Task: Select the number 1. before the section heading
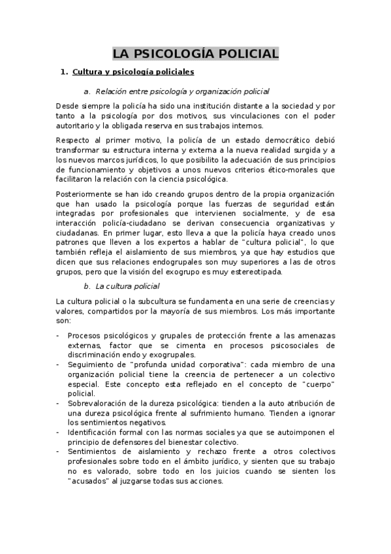coord(63,71)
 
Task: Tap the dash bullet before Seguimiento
coord(58,364)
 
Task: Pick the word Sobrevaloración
coord(99,403)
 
